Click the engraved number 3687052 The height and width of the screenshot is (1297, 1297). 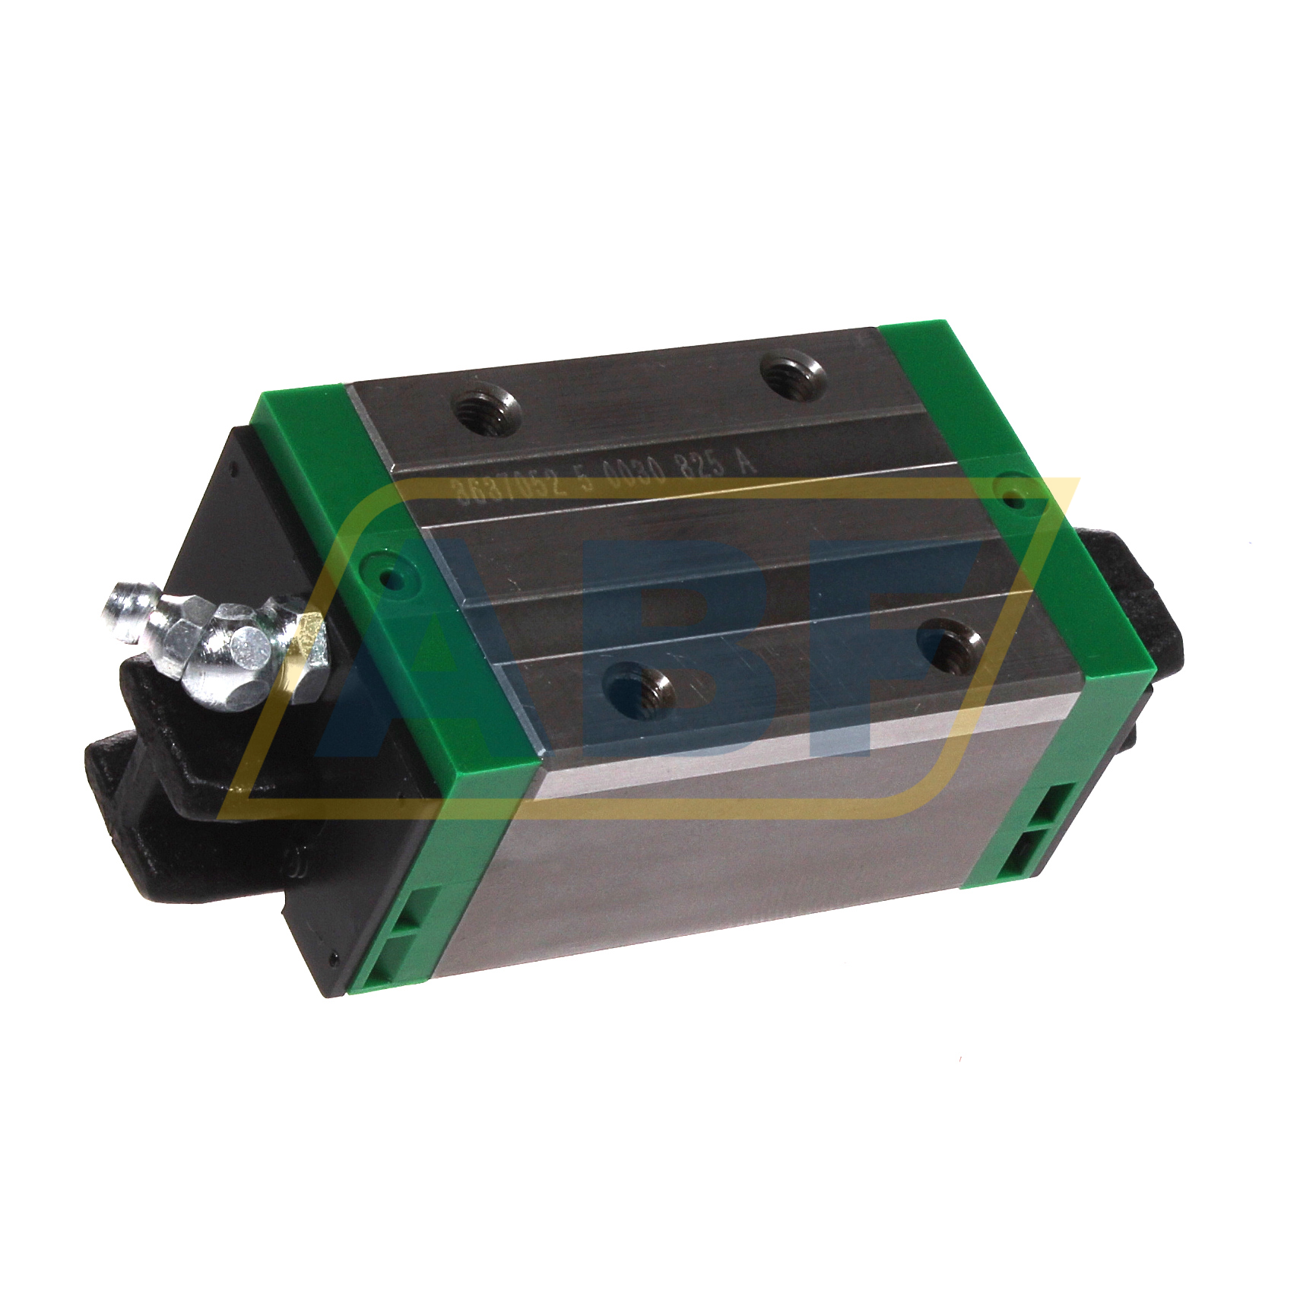point(509,487)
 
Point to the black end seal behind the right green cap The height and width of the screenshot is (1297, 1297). point(1140,601)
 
